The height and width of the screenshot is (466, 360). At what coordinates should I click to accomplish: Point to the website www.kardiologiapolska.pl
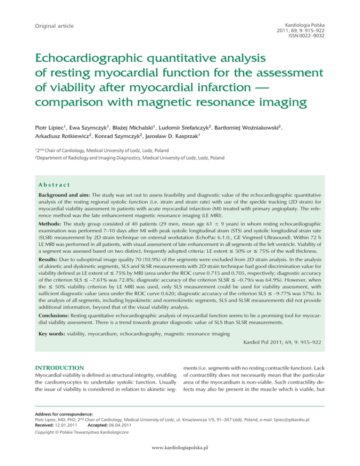coord(180,460)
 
